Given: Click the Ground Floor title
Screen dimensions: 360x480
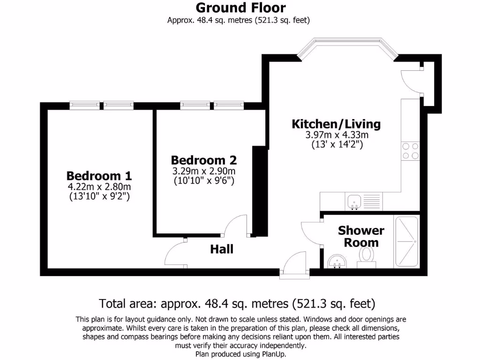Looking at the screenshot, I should coord(240,7).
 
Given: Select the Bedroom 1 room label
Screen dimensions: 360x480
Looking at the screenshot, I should coord(99,176).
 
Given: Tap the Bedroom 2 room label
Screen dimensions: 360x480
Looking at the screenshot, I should coord(203,159).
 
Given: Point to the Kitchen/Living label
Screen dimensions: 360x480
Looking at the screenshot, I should coord(336,124).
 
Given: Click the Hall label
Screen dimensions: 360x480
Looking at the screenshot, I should coord(221,249).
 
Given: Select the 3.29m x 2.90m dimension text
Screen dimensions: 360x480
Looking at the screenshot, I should coord(203,170).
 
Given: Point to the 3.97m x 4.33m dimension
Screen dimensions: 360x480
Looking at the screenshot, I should coord(336,135).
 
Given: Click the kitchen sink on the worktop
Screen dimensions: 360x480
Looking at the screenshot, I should coord(354,201).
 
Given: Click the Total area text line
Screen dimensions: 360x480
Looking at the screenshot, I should coord(237,303).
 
